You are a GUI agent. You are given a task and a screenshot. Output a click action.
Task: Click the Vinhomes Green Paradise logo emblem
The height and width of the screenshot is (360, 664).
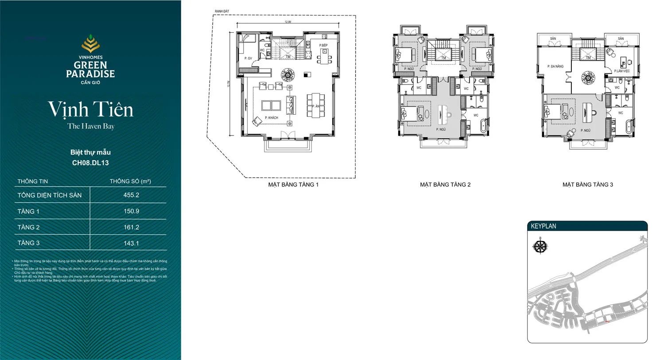click(90, 44)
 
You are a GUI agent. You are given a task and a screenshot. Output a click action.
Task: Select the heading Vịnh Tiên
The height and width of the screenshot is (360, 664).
click(90, 109)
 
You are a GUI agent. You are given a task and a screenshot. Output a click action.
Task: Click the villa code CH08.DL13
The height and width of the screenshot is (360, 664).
click(90, 163)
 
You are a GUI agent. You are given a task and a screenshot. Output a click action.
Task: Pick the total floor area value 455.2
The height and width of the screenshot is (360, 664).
click(131, 195)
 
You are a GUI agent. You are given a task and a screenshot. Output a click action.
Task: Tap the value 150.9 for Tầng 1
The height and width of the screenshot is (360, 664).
click(131, 211)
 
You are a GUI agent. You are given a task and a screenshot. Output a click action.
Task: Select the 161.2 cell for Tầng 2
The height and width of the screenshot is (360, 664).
click(131, 227)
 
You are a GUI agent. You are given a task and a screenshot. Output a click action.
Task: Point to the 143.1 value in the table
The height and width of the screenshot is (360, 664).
click(131, 243)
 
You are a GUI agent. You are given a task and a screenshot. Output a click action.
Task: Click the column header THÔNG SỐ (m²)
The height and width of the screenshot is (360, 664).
click(130, 181)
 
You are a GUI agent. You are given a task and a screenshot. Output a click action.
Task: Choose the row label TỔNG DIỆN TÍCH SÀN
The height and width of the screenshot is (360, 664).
click(50, 195)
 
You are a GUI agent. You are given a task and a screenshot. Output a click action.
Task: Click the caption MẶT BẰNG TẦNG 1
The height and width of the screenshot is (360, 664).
click(293, 185)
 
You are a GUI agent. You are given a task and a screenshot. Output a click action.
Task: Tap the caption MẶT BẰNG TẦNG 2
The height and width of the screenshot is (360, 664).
click(445, 185)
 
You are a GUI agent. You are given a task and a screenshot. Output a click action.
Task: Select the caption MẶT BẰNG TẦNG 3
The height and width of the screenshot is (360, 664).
click(588, 185)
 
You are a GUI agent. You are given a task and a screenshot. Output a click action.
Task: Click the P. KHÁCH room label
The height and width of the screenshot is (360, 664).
click(272, 118)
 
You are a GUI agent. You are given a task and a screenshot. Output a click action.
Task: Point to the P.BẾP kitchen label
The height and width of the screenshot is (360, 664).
click(323, 46)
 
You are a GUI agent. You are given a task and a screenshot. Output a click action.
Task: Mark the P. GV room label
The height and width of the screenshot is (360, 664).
click(248, 58)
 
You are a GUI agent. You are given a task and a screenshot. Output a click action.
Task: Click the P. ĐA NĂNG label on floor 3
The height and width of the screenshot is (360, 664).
click(555, 66)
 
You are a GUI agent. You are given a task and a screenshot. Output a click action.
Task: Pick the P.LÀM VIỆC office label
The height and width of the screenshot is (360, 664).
click(621, 71)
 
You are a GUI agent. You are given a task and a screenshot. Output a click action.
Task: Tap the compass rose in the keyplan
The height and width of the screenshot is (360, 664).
click(540, 246)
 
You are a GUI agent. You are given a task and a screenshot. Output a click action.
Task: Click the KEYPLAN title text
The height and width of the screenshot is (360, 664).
click(544, 226)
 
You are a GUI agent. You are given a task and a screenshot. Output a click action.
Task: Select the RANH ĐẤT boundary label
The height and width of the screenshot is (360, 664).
click(222, 12)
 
